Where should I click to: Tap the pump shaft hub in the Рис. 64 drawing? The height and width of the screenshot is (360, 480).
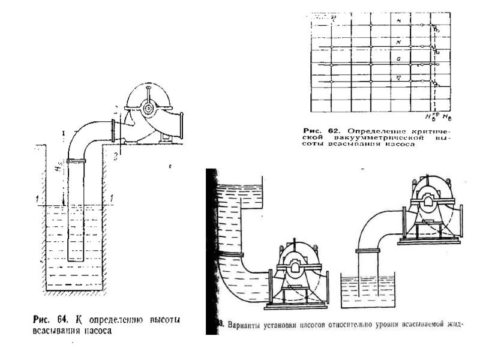pyautogui.click(x=147, y=107)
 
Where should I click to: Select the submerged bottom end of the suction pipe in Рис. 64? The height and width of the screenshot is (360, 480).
pyautogui.click(x=76, y=259)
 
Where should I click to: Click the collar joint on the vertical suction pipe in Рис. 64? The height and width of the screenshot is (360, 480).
pyautogui.click(x=76, y=161)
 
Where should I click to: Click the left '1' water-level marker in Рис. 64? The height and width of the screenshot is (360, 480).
pyautogui.click(x=37, y=197)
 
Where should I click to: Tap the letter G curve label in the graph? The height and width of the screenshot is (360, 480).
pyautogui.click(x=398, y=59)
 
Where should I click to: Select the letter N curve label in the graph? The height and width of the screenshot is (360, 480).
pyautogui.click(x=398, y=42)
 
